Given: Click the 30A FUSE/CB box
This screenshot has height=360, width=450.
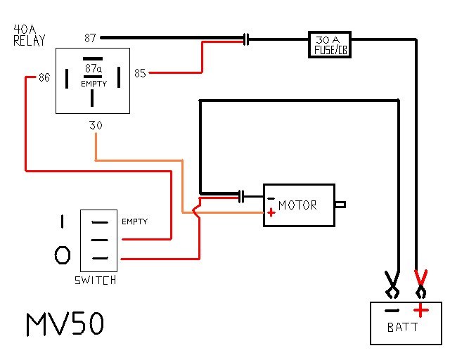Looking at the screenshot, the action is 330,44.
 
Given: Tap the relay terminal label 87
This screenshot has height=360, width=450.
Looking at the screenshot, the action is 90,38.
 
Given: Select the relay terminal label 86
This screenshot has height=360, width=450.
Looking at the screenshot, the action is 44,77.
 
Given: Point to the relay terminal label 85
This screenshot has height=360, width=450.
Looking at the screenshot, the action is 140,73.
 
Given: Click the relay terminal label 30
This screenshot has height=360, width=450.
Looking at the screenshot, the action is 96,125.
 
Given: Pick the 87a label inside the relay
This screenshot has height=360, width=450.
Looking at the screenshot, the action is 94,68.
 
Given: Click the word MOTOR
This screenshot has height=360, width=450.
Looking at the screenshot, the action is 297,205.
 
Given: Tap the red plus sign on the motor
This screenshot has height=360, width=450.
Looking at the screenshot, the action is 271,213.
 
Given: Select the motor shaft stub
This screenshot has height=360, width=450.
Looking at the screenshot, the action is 340,205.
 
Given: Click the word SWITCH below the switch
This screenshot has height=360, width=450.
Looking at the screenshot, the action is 96,280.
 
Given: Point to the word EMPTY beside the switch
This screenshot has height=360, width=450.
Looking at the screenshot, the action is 134,221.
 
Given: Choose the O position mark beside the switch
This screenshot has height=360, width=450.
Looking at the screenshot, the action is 63,255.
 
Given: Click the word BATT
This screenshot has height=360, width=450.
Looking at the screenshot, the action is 402,327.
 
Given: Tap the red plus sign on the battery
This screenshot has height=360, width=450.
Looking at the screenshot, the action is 420,310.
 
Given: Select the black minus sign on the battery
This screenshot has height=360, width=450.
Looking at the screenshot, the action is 392,310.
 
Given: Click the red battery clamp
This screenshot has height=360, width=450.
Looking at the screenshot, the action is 421,284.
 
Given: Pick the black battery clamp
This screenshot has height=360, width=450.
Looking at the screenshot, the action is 392,285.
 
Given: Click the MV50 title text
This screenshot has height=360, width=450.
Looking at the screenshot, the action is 65,324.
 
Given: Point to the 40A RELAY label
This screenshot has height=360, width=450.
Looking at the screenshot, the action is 29,35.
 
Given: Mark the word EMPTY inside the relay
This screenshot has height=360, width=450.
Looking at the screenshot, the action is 94,84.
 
